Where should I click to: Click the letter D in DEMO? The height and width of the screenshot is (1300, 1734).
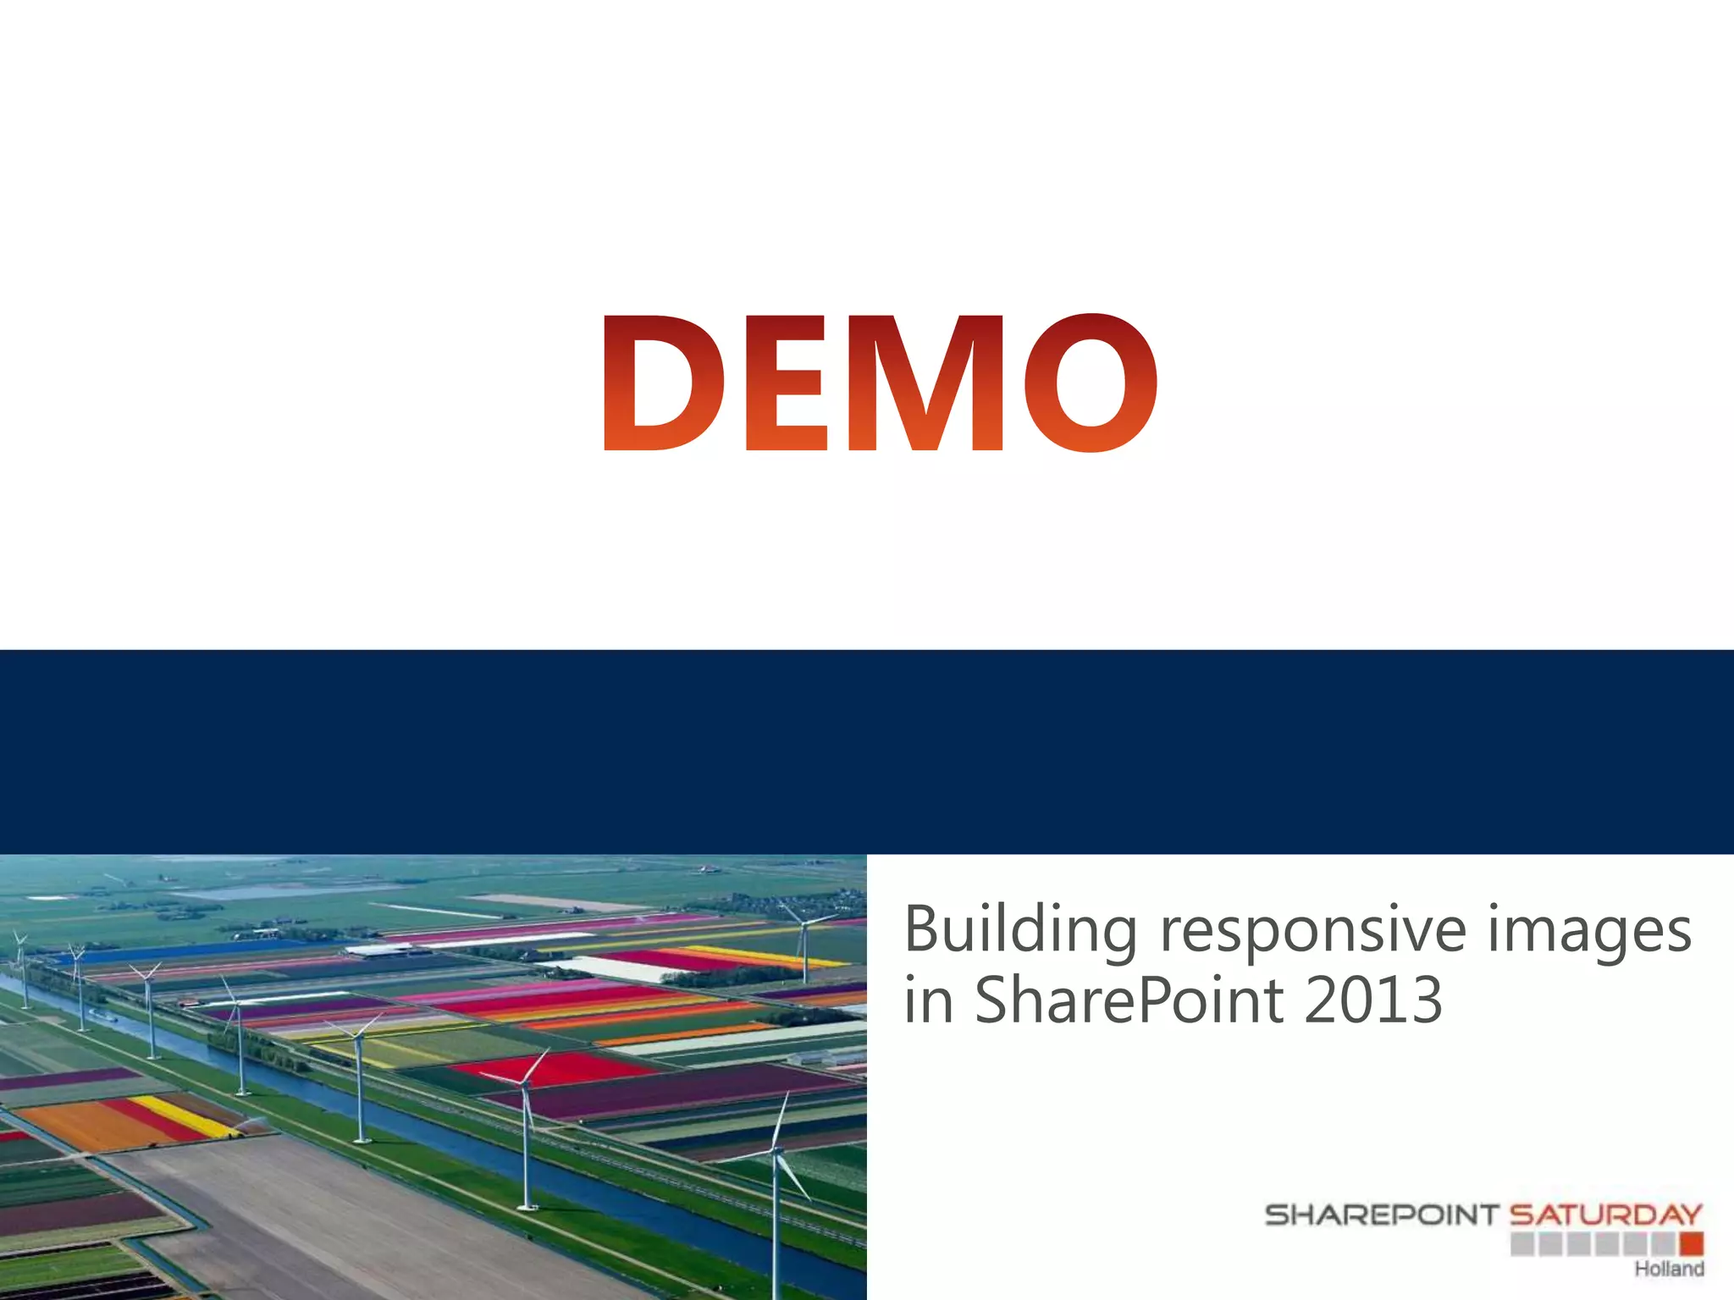point(663,383)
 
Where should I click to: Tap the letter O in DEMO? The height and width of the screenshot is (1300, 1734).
point(1091,383)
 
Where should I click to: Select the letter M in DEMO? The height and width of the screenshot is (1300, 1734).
point(925,383)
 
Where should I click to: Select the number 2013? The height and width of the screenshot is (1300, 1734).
point(1372,1000)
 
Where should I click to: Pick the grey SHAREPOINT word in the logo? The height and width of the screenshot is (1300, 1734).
point(1382,1215)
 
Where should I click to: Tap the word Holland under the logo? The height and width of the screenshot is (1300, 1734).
point(1669,1269)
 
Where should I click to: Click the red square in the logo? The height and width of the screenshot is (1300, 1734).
point(1692,1243)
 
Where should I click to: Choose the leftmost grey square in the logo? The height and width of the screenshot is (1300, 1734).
point(1521,1243)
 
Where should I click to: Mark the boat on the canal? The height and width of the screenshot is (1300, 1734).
point(100,1011)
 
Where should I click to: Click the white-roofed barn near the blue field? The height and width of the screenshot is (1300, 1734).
point(378,950)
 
